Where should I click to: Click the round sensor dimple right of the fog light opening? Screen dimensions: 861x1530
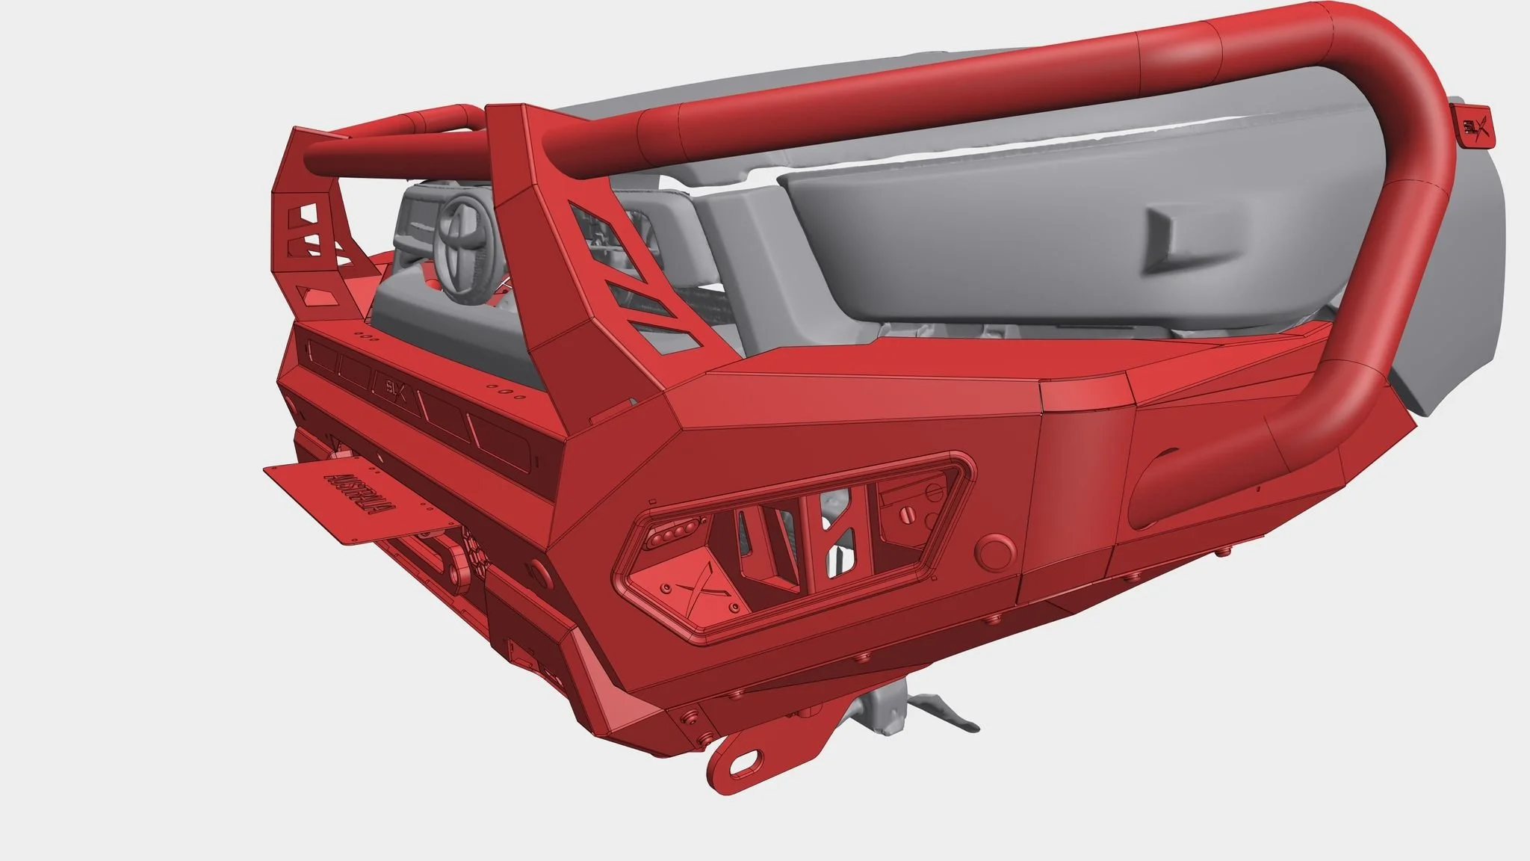click(996, 554)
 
